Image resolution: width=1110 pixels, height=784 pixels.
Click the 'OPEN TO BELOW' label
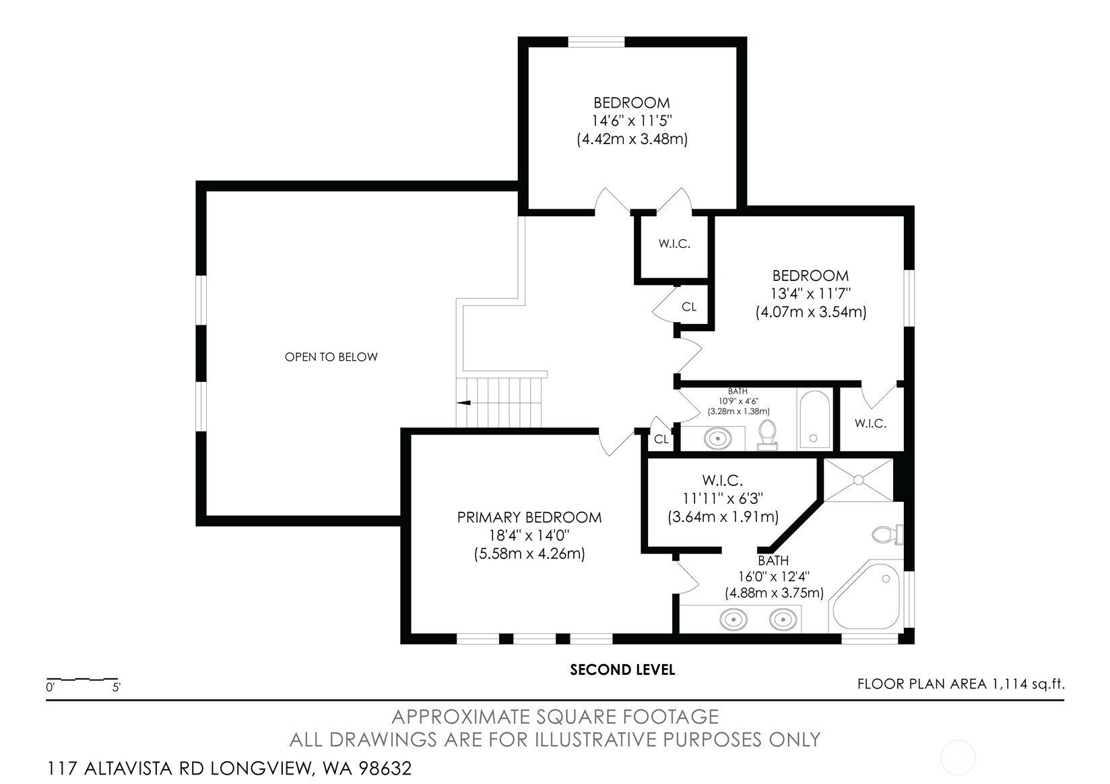coord(331,357)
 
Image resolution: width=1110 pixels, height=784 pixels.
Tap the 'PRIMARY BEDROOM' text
coord(529,517)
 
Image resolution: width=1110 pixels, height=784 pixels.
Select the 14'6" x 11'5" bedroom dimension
coord(632,121)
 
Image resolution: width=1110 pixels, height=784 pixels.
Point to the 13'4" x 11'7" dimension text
coord(811,294)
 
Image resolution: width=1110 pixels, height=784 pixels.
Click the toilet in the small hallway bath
coord(767,434)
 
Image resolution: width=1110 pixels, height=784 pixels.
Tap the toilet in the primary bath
coord(888,535)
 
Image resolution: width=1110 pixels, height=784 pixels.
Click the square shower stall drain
coord(858,480)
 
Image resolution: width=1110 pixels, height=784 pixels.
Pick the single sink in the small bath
coord(717,438)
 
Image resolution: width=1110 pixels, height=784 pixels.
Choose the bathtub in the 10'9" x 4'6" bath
coord(815,420)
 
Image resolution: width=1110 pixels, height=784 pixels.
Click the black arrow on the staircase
coord(464,403)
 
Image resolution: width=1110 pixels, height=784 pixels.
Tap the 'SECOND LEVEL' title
coord(622,670)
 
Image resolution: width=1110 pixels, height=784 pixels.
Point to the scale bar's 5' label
coord(117,688)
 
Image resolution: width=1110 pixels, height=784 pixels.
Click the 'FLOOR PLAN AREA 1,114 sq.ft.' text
coord(961,684)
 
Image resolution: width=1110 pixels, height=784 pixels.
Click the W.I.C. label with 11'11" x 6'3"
coord(722,480)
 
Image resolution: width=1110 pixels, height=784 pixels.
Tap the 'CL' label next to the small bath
coord(661,439)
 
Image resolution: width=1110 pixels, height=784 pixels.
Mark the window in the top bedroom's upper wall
coord(596,42)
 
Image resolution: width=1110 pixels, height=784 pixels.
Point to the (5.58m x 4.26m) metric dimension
coord(529,554)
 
